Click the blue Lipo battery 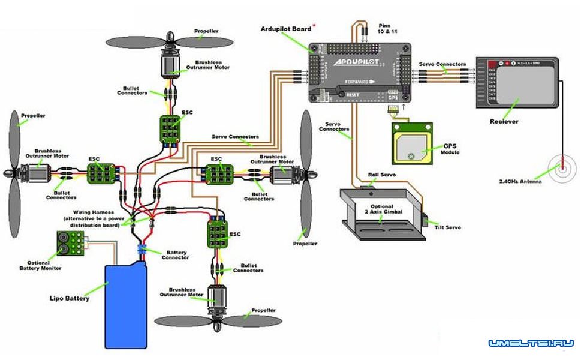(126, 306)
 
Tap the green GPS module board (412, 143)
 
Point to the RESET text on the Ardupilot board (353, 94)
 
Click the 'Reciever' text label (504, 122)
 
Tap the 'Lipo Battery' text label (70, 298)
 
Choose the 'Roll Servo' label (382, 175)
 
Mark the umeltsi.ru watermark (531, 343)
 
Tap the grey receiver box (517, 82)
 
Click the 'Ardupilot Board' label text (285, 29)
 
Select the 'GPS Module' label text (450, 149)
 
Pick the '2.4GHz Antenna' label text (520, 182)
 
